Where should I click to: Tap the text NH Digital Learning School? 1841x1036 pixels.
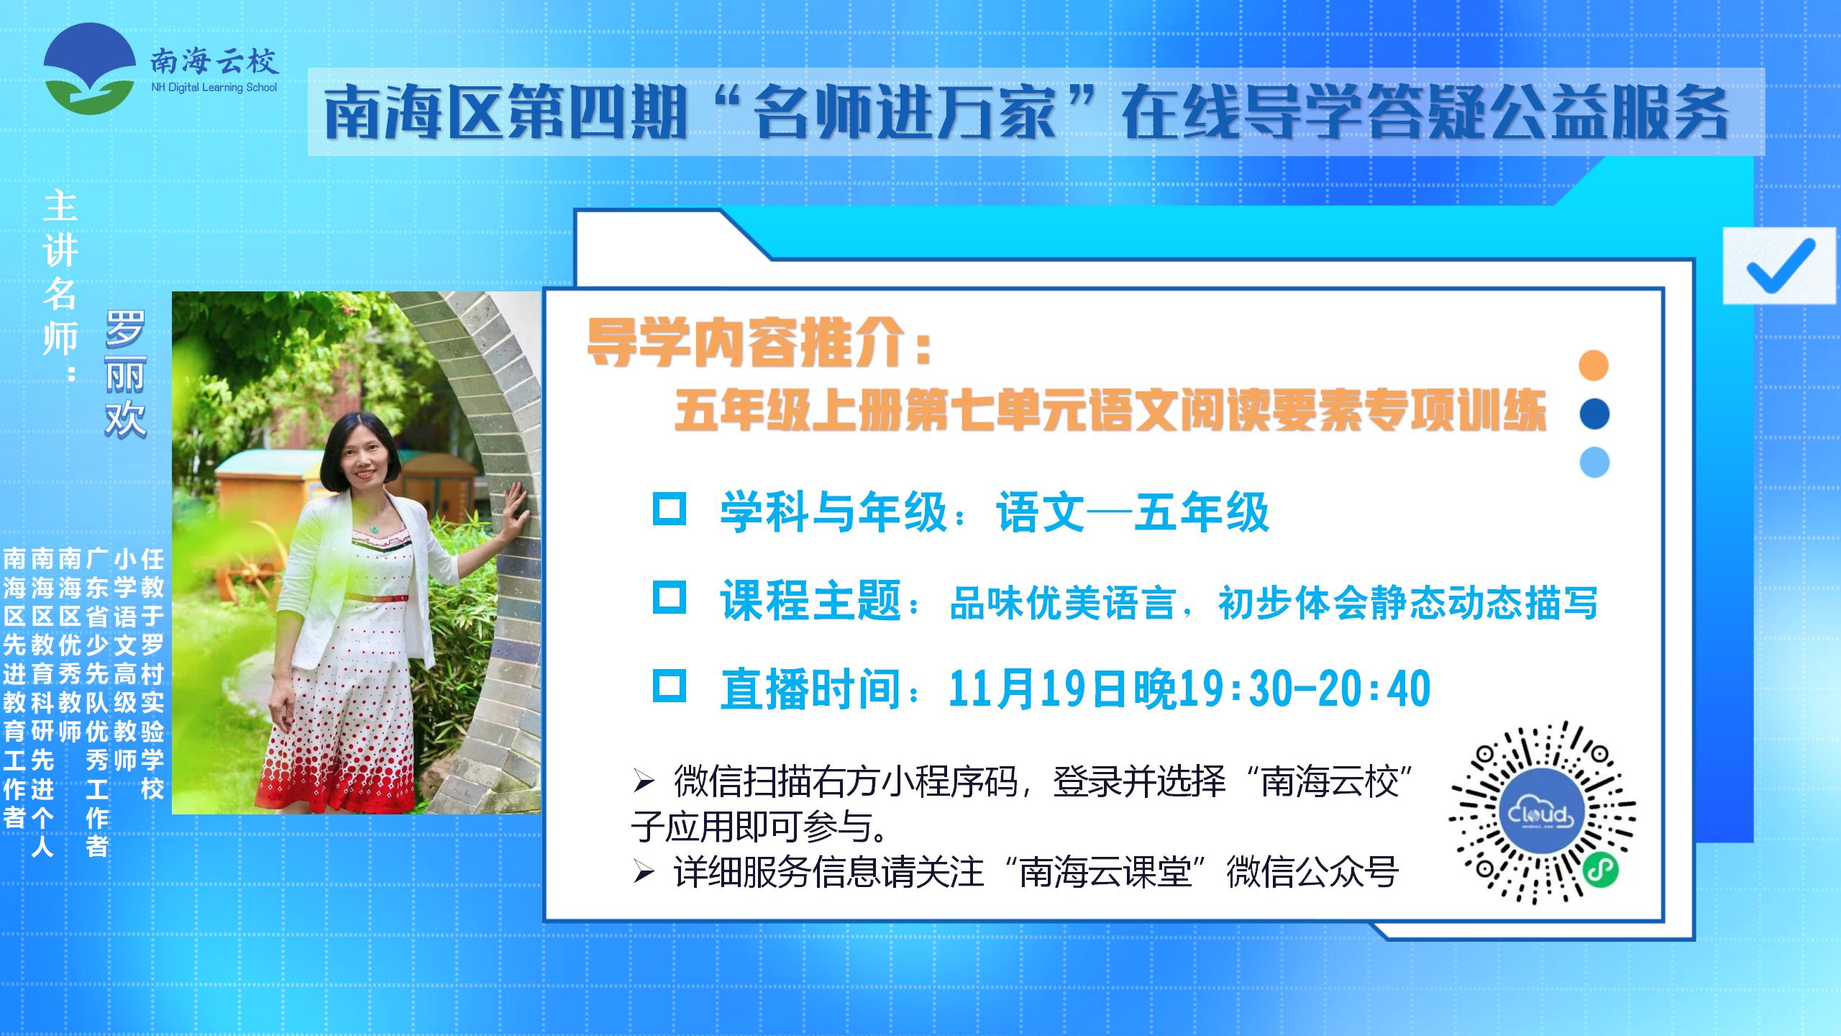pos(214,88)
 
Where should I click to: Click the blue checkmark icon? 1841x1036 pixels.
pos(1780,266)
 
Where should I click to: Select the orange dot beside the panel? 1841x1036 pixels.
pos(1594,365)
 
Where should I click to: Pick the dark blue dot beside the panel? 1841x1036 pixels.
pos(1594,414)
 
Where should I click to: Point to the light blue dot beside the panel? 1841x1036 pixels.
pos(1594,462)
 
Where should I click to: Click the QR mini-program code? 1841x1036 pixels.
pos(1542,813)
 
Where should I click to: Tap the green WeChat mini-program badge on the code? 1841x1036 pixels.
pos(1601,870)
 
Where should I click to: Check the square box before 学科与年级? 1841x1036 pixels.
pos(669,508)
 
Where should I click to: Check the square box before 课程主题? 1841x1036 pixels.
pos(669,597)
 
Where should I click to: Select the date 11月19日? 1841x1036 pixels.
pos(1040,689)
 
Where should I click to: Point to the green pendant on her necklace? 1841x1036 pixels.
pos(374,530)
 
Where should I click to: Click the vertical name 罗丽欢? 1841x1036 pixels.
pos(125,374)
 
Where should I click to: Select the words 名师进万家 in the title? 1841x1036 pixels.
pos(906,114)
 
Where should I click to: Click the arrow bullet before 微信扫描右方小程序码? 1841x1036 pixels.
pos(644,782)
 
